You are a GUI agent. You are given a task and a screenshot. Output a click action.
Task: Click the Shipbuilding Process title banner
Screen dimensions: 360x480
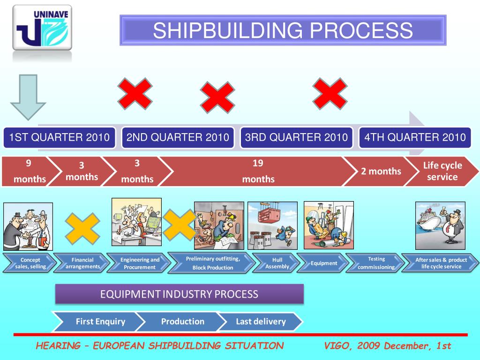pyautogui.click(x=283, y=30)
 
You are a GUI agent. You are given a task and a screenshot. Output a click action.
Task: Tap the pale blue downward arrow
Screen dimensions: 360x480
pyautogui.click(x=28, y=97)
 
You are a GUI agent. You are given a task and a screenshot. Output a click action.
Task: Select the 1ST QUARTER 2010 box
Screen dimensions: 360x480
pyautogui.click(x=59, y=137)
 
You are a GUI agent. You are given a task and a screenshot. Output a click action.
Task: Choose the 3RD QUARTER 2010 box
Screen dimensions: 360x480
pyautogui.click(x=296, y=137)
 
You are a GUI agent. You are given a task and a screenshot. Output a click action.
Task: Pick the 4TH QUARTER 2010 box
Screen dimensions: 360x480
pyautogui.click(x=415, y=137)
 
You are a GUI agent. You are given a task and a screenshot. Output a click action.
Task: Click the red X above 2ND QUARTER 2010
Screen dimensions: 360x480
pyautogui.click(x=135, y=94)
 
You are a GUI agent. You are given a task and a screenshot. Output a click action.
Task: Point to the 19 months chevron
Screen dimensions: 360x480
pyautogui.click(x=258, y=171)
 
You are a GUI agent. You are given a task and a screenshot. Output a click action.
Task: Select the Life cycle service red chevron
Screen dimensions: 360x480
pyautogui.click(x=442, y=171)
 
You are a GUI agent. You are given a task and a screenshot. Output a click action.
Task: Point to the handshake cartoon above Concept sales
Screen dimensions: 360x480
pyautogui.click(x=28, y=226)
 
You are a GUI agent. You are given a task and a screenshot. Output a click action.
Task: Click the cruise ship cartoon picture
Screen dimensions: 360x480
pyautogui.click(x=440, y=225)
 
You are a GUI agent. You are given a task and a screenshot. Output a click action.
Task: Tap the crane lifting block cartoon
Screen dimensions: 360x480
pyautogui.click(x=272, y=225)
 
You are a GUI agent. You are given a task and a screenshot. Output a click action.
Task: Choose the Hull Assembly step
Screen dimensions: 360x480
pyautogui.click(x=277, y=263)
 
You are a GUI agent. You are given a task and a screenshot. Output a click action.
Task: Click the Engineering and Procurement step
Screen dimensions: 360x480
pyautogui.click(x=139, y=263)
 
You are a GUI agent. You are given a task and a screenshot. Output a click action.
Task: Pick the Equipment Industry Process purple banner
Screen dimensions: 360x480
pyautogui.click(x=180, y=294)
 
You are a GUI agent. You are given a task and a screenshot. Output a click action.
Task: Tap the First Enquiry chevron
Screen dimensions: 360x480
pyautogui.click(x=100, y=322)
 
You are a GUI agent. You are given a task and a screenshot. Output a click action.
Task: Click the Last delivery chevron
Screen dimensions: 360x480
pyautogui.click(x=261, y=322)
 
